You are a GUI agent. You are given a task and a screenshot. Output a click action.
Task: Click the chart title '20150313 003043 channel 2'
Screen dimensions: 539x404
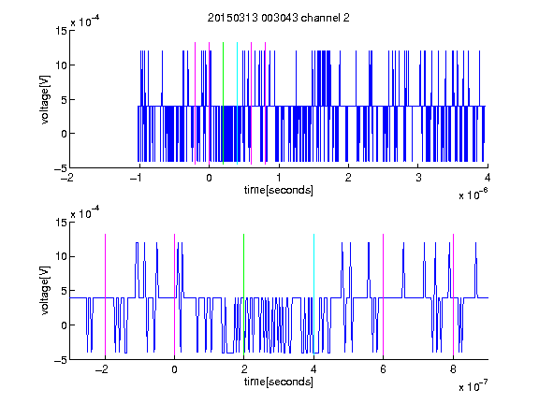point(279,18)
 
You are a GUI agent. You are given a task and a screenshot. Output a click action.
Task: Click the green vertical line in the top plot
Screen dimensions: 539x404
point(223,104)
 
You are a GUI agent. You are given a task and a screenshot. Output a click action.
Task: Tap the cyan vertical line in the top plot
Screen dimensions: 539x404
point(237,104)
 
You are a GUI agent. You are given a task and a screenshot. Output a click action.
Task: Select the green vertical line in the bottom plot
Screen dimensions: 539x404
point(243,296)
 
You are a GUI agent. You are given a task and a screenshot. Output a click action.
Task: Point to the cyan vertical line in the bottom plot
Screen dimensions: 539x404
point(313,296)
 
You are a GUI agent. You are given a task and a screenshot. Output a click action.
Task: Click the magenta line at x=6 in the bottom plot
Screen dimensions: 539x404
point(384,296)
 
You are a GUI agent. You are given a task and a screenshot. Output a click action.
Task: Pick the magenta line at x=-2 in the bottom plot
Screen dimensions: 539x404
point(105,296)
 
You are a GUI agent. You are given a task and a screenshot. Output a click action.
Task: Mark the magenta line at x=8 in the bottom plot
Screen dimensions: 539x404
point(454,296)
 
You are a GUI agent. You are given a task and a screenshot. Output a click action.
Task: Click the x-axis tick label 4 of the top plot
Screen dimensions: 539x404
point(488,178)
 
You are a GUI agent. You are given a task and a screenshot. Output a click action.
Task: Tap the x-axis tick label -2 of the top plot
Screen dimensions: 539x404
point(67,178)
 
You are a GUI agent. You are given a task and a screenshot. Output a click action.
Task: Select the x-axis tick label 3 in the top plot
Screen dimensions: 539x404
point(418,178)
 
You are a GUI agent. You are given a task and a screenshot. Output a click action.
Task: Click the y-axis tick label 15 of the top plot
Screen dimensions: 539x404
point(61,31)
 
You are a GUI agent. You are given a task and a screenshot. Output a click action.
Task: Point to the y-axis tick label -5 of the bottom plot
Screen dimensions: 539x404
point(61,360)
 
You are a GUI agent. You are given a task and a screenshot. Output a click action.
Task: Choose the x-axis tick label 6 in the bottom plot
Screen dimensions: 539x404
point(384,369)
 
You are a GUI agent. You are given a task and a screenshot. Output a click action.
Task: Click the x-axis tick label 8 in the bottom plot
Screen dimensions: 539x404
point(453,369)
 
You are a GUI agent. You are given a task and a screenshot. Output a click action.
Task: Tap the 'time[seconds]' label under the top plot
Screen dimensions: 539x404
point(279,190)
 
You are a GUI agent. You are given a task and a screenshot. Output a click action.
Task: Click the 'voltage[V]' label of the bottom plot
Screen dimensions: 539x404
point(45,291)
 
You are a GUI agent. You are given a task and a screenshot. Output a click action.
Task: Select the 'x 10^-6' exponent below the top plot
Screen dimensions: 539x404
point(473,195)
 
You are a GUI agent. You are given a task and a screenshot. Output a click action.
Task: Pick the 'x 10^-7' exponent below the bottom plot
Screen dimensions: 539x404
point(473,386)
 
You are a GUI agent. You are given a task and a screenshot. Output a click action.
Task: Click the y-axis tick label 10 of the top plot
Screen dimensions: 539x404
point(61,65)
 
